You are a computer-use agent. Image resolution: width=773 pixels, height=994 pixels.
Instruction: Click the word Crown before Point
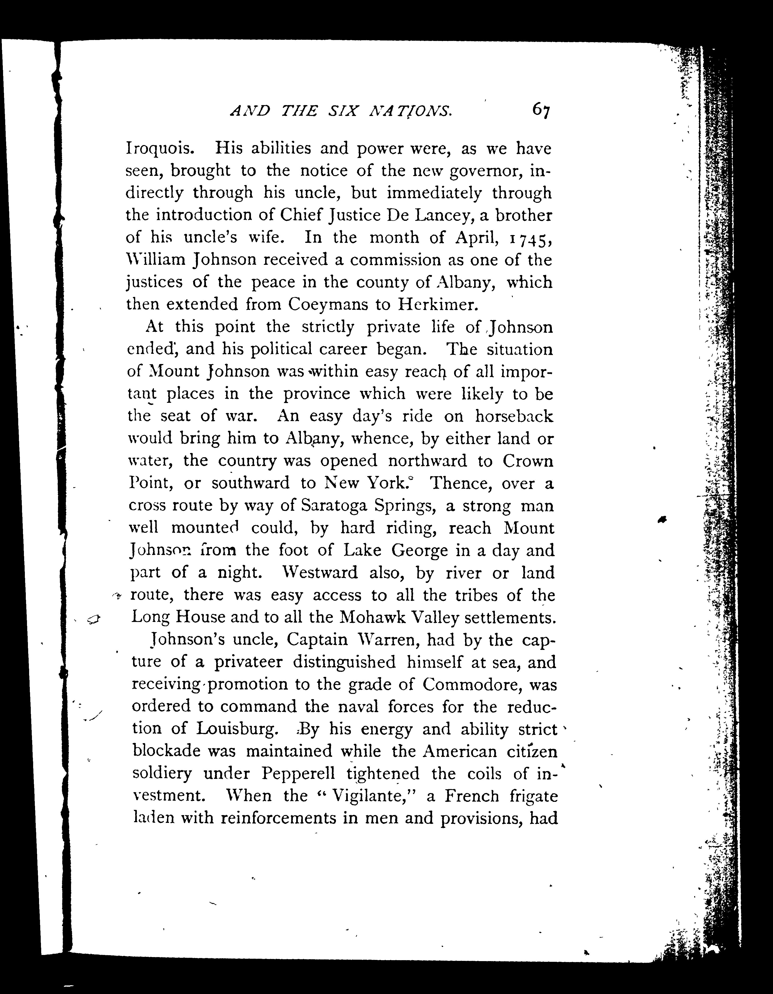coord(528,461)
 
